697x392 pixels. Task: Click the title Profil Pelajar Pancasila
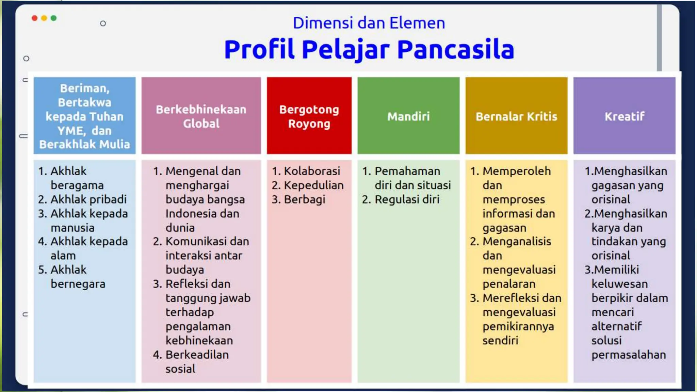point(369,50)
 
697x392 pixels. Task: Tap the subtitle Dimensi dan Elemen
point(369,23)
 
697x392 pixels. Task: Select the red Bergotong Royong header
point(309,116)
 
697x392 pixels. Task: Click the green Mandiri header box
point(408,116)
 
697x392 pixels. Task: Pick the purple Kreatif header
point(624,116)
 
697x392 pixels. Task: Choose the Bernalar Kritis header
point(516,116)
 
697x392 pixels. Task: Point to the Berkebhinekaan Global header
point(201,116)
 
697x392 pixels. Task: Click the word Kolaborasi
point(312,171)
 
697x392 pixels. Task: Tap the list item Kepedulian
point(313,185)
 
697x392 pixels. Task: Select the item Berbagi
point(304,199)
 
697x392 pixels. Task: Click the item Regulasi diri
point(407,199)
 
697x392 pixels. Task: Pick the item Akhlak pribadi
point(88,199)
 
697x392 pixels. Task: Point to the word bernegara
point(78,284)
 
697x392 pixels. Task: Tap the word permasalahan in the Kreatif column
point(628,355)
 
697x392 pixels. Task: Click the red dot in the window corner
point(35,18)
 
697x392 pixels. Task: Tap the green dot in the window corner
point(53,18)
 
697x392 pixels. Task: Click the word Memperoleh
point(516,171)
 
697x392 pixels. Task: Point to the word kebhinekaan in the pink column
point(199,340)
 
